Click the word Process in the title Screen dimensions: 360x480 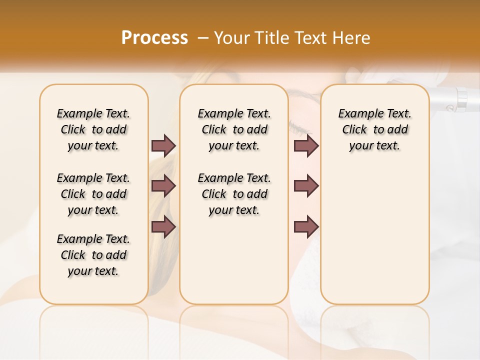154,38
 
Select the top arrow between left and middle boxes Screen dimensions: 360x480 163,145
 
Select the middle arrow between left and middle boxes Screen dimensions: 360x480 163,186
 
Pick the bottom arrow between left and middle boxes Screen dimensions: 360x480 163,226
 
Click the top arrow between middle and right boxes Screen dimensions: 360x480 306,145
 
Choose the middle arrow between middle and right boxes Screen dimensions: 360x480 306,186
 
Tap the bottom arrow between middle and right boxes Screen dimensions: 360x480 306,226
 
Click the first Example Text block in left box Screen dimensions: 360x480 93,129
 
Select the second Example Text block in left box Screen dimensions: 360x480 93,194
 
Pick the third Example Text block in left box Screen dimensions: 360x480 93,255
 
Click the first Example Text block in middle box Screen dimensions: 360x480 234,129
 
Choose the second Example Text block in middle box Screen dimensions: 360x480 234,194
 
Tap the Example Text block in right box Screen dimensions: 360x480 375,129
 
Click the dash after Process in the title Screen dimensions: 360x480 202,38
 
